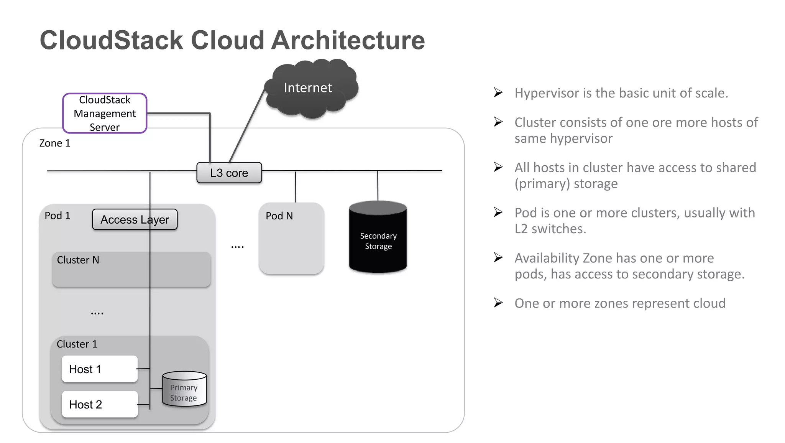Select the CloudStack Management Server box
[x=105, y=113]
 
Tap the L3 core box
[x=229, y=173]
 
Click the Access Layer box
[x=135, y=219]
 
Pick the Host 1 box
[x=99, y=369]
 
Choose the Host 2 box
[x=99, y=404]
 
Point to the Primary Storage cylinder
[x=184, y=389]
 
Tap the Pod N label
[x=279, y=216]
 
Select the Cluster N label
[x=78, y=260]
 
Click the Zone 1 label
[x=55, y=143]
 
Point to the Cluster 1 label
[x=77, y=344]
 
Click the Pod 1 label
[x=57, y=216]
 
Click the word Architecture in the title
[x=348, y=40]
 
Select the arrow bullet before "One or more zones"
[x=498, y=303]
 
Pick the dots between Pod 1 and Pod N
[x=237, y=247]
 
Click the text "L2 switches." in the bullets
[x=550, y=229]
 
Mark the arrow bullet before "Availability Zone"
[x=498, y=257]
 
